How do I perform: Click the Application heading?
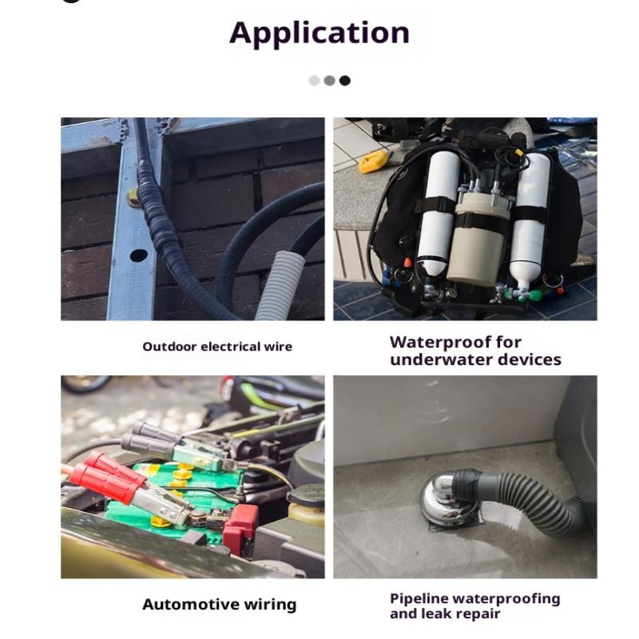point(319,34)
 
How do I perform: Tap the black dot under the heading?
point(345,81)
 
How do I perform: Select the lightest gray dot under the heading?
point(314,81)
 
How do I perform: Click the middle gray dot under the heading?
point(330,81)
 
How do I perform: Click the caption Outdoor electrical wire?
point(217,347)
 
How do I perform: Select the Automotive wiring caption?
point(219,604)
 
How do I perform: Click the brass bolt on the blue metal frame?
point(133,197)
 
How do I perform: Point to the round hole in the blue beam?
point(138,256)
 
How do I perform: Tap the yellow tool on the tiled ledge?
point(373,161)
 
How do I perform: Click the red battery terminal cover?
point(240,524)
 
